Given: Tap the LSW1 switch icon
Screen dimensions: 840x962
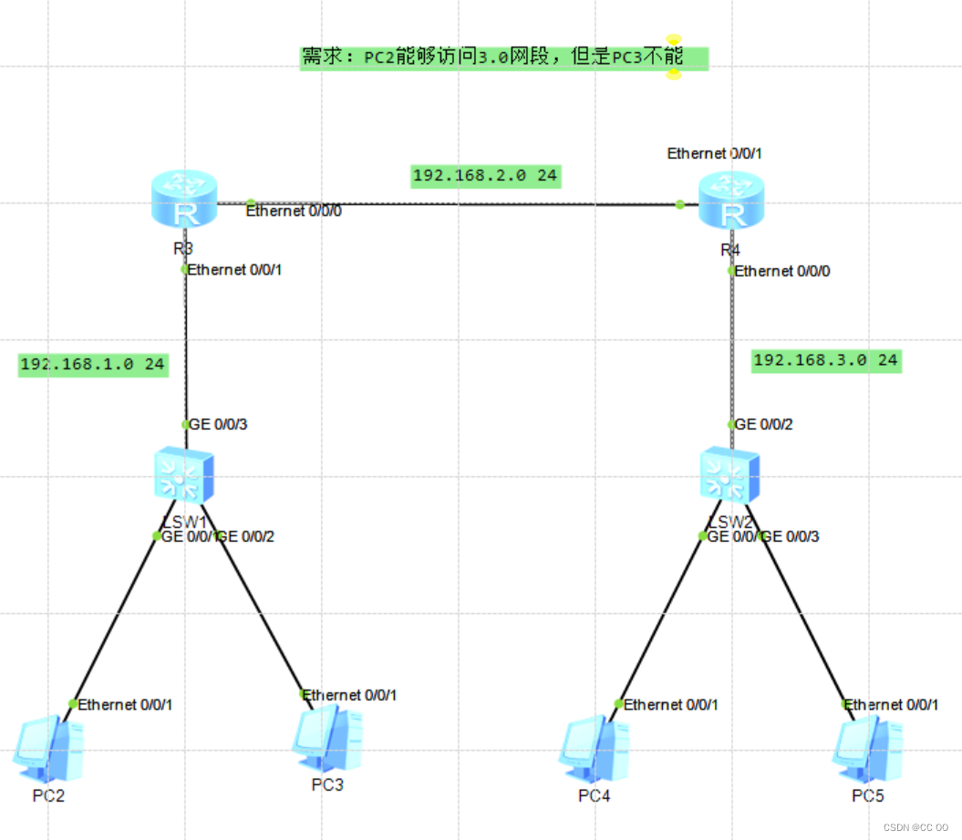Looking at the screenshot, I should pyautogui.click(x=184, y=475).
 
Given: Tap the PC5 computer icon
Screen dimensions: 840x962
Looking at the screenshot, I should pyautogui.click(x=867, y=748).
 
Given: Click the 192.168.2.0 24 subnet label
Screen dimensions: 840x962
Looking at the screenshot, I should pyautogui.click(x=485, y=176).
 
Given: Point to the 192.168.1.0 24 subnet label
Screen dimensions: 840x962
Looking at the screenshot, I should pyautogui.click(x=92, y=365).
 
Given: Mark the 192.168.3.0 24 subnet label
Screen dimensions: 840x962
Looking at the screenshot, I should pyautogui.click(x=825, y=360).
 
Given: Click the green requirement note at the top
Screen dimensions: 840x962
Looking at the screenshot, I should pyautogui.click(x=503, y=57).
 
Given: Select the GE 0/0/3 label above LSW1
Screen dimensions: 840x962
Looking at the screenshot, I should pyautogui.click(x=217, y=424).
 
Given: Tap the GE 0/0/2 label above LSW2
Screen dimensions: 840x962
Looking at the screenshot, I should pyautogui.click(x=763, y=424).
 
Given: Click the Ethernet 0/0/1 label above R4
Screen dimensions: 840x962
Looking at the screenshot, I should pyautogui.click(x=715, y=153).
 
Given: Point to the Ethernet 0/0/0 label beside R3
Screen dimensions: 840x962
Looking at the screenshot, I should pyautogui.click(x=294, y=212).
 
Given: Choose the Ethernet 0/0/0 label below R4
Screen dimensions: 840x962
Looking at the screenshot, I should pyautogui.click(x=782, y=271).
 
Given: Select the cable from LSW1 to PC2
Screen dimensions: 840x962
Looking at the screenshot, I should pyautogui.click(x=114, y=620).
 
